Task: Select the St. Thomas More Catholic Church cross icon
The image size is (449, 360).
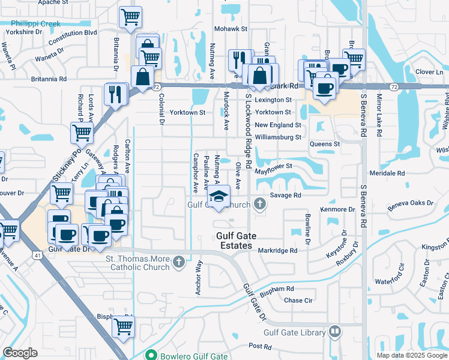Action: tap(178, 262)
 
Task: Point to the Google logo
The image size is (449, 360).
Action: tap(21, 353)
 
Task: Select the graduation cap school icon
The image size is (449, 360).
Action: tap(219, 196)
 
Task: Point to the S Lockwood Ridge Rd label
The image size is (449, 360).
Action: tap(248, 134)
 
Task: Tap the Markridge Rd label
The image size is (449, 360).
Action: tap(277, 250)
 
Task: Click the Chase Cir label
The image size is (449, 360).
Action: tap(298, 300)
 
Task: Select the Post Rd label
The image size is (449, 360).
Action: tap(260, 346)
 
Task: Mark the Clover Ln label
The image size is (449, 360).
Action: tap(429, 71)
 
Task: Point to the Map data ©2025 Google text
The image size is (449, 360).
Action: tap(411, 355)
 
